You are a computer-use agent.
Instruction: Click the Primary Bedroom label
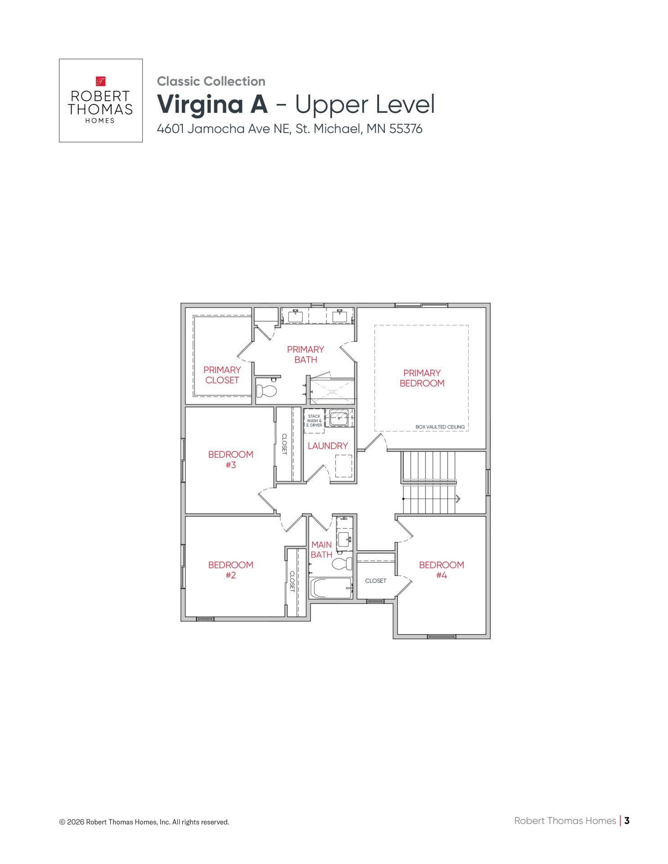pos(422,378)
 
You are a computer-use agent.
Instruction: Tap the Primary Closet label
pos(222,375)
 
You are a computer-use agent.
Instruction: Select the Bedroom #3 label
pos(230,459)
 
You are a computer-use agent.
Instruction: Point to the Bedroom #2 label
pos(230,570)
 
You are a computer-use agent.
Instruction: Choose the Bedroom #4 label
pos(441,570)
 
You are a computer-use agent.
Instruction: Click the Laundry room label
pos(328,446)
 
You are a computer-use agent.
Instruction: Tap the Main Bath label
pos(321,549)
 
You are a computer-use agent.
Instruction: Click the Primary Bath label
pos(306,355)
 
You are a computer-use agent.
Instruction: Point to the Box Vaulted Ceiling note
pos(440,427)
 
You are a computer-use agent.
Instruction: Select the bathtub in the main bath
pos(331,588)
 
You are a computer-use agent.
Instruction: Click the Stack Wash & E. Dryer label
pos(314,421)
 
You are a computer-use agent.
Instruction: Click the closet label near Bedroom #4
pos(375,581)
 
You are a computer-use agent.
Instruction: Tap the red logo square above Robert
pos(100,81)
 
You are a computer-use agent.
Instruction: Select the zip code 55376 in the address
pos(406,129)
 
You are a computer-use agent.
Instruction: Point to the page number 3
pos(627,820)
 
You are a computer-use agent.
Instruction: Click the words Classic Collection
pos(211,81)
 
